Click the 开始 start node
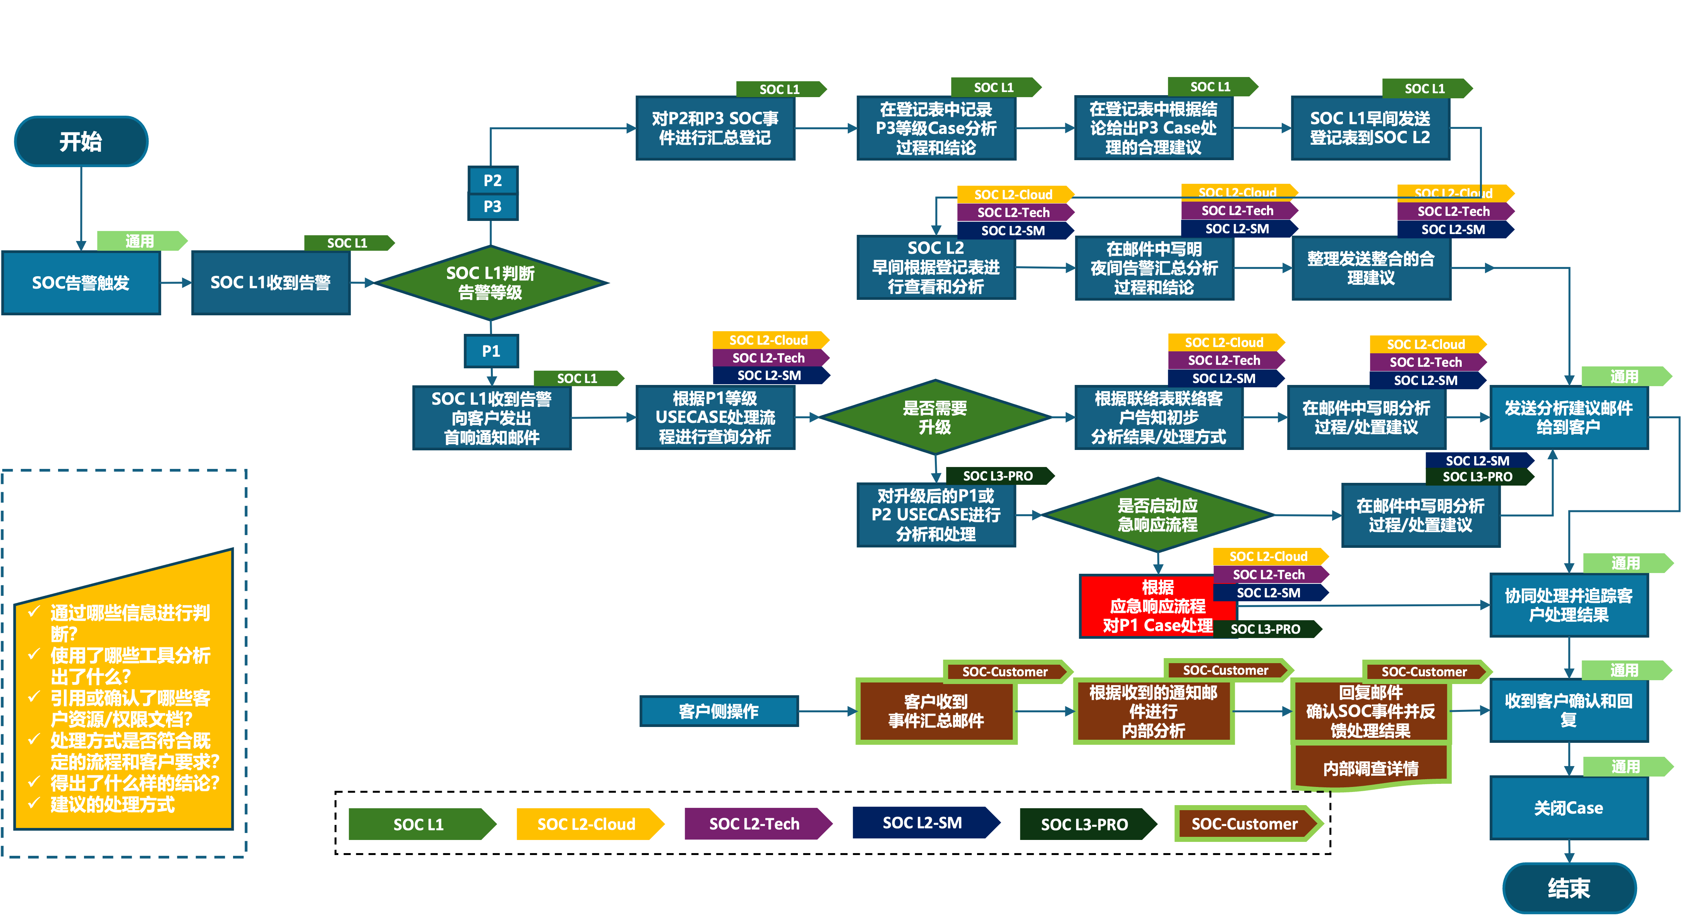coord(81,141)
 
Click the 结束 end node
coord(1569,888)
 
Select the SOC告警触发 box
coord(81,282)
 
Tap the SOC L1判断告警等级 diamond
coord(490,282)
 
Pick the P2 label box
coord(492,180)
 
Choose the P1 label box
coord(491,351)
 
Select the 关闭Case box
coord(1569,807)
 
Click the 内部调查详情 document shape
coord(1370,768)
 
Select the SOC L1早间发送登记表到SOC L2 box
coord(1370,128)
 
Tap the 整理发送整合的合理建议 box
coord(1370,268)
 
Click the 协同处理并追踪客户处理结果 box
coord(1569,604)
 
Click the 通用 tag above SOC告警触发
coord(140,241)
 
